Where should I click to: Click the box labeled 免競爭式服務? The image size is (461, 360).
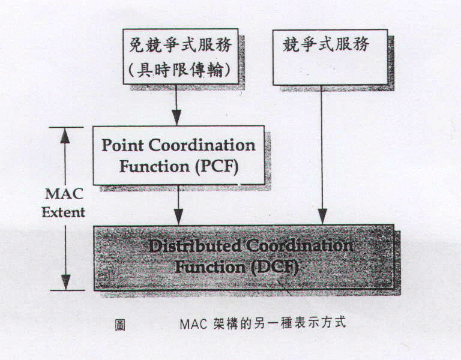coord(180,56)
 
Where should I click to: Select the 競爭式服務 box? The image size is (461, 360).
coord(330,57)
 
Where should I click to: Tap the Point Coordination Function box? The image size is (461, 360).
coord(179,155)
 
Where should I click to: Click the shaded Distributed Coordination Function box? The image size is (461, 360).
coord(244,257)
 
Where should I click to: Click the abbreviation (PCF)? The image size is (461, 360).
coord(217,167)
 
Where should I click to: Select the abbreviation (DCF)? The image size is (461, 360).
coord(274,267)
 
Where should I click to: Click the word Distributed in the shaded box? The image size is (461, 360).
coord(194,245)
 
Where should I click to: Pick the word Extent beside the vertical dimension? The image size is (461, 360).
coord(64,212)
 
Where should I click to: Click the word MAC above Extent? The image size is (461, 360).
coord(64,194)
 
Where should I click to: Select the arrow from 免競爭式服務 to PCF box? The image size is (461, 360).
coord(176,105)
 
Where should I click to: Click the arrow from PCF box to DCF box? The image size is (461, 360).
coord(178,205)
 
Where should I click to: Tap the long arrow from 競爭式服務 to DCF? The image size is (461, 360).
coord(322,155)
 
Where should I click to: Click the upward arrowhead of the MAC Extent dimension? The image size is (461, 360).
coord(65,135)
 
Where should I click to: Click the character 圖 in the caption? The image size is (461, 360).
coord(120,325)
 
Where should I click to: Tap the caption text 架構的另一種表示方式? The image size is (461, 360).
coord(279,323)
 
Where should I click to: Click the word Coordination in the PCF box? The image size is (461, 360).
coord(202,145)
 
